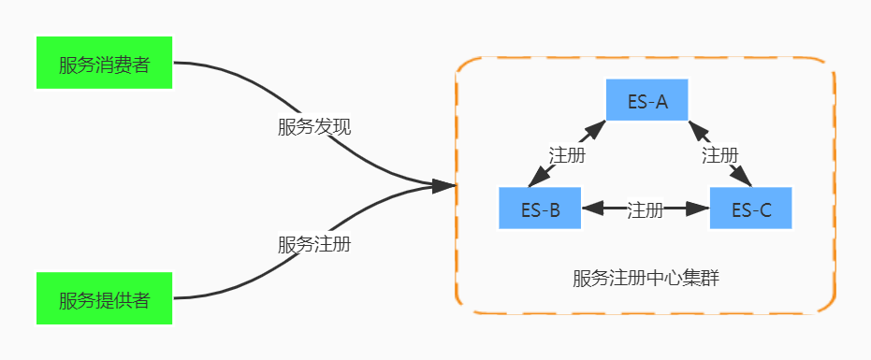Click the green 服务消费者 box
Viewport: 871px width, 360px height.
(x=104, y=64)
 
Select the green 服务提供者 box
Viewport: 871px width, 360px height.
(x=104, y=299)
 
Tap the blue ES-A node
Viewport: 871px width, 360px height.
(x=646, y=101)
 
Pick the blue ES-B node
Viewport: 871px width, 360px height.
(x=540, y=209)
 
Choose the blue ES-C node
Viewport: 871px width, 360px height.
(x=750, y=209)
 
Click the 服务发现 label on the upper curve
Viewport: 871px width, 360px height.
(x=314, y=127)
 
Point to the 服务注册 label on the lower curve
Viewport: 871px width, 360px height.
(x=314, y=245)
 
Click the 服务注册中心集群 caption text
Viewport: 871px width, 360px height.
(x=646, y=278)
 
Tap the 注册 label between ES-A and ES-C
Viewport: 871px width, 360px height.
(x=719, y=155)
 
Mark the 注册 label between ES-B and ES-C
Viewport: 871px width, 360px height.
(x=645, y=209)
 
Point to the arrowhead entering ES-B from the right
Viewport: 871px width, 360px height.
(x=592, y=209)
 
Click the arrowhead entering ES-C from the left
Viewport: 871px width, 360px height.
(x=699, y=209)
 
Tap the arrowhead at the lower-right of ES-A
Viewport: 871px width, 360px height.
(x=696, y=129)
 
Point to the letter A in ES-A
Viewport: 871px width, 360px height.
(x=661, y=102)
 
